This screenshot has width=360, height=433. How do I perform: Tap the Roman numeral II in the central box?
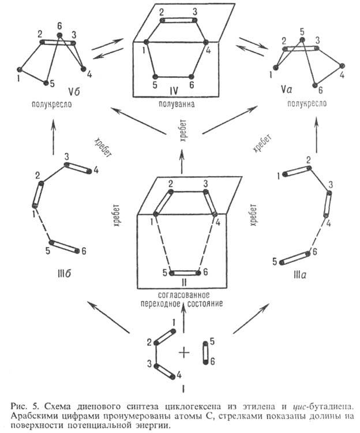tap(182, 282)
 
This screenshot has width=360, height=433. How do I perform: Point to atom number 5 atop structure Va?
tap(301, 32)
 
